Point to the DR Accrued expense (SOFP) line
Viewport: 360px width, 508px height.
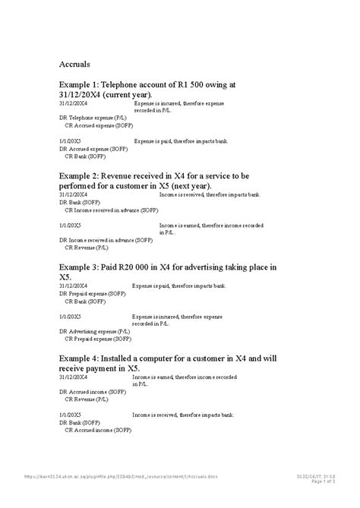pyautogui.click(x=93, y=149)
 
